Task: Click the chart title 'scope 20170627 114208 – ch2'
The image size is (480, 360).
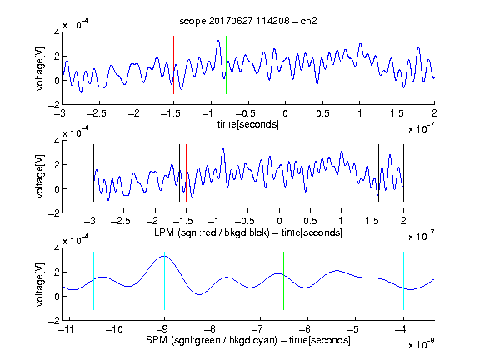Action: pyautogui.click(x=248, y=21)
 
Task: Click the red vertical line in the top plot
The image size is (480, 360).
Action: pyautogui.click(x=173, y=65)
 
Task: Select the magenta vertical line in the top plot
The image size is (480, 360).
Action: pyautogui.click(x=397, y=65)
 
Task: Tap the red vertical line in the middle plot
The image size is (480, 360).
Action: pyautogui.click(x=186, y=173)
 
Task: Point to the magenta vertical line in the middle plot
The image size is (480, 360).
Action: pyautogui.click(x=372, y=173)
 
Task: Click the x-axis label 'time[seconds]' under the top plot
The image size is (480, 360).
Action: pyautogui.click(x=248, y=124)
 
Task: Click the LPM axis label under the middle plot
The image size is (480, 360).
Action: pyautogui.click(x=248, y=232)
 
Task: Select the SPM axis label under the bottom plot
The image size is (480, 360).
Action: pyautogui.click(x=248, y=340)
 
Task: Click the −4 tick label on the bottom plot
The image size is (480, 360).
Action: pyautogui.click(x=401, y=329)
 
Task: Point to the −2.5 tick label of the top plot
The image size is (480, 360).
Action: pyautogui.click(x=96, y=113)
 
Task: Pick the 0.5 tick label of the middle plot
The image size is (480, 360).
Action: pyautogui.click(x=310, y=221)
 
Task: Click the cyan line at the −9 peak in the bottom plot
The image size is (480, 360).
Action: pyautogui.click(x=164, y=281)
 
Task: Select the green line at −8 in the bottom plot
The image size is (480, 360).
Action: pyautogui.click(x=212, y=281)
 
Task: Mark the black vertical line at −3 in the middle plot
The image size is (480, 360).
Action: pyautogui.click(x=93, y=173)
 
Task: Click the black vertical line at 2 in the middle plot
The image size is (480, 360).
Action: pyautogui.click(x=403, y=173)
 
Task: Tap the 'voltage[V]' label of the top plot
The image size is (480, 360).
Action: pyautogui.click(x=40, y=68)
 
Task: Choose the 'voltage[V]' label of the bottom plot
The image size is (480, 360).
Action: pyautogui.click(x=40, y=284)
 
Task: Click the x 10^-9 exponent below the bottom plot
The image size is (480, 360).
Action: pyautogui.click(x=421, y=344)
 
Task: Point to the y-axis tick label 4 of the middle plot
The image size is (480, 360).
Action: pyautogui.click(x=57, y=141)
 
